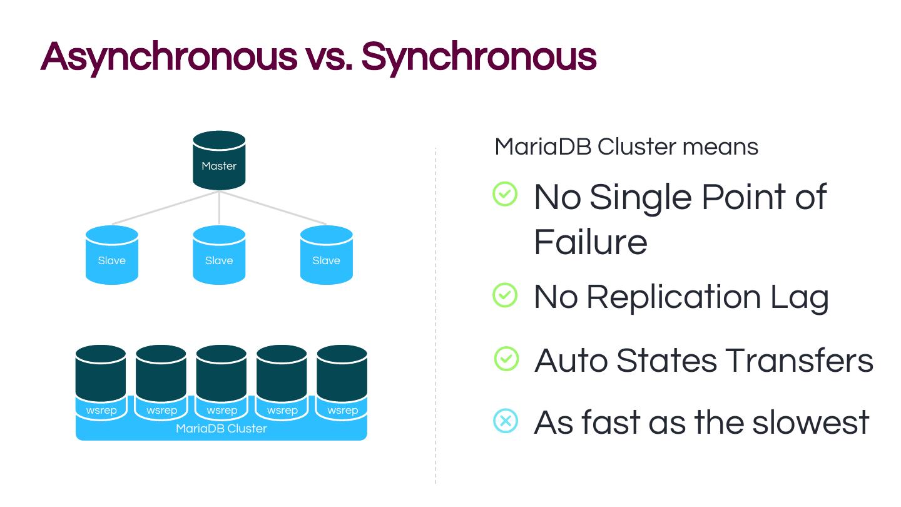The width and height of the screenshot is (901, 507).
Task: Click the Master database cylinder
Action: click(x=219, y=160)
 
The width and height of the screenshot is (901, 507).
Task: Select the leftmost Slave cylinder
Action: click(x=112, y=255)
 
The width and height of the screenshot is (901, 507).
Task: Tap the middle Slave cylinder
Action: click(x=219, y=255)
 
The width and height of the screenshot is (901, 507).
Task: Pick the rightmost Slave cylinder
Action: click(x=326, y=255)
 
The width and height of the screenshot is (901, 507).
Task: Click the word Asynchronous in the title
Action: click(x=169, y=58)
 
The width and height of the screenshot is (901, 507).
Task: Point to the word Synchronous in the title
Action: click(x=479, y=58)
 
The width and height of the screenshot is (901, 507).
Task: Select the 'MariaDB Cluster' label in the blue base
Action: click(x=221, y=429)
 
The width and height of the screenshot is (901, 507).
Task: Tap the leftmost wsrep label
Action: click(x=101, y=411)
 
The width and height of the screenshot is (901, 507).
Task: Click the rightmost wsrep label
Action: click(x=343, y=411)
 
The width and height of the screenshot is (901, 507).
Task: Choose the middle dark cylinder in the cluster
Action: click(x=221, y=373)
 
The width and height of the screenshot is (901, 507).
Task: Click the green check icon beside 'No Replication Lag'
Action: click(x=505, y=295)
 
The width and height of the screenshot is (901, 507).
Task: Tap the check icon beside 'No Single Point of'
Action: click(x=505, y=194)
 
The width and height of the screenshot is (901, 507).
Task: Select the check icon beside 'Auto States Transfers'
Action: click(x=506, y=359)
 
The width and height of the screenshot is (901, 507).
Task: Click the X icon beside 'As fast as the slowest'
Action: click(x=506, y=421)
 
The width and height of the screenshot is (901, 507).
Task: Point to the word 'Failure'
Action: click(x=591, y=242)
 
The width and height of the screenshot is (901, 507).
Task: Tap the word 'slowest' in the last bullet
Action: click(x=811, y=422)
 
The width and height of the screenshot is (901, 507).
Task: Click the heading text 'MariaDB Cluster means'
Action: click(x=626, y=146)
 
